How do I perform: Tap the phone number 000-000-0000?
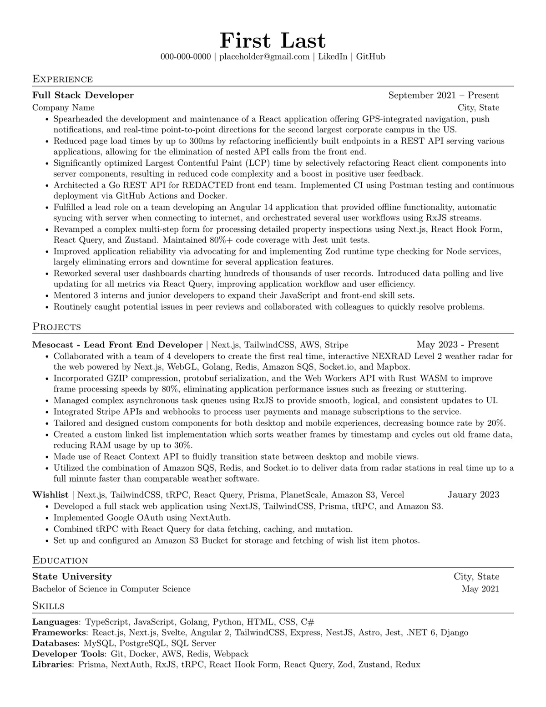click(186, 56)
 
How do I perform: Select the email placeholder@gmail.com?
click(264, 56)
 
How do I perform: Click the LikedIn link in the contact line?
click(332, 56)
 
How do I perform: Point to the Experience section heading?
click(62, 79)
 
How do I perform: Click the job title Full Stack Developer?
click(83, 95)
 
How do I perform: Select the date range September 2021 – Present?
click(443, 95)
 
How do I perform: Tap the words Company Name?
click(63, 107)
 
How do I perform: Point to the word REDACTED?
click(208, 185)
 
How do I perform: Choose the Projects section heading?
click(56, 326)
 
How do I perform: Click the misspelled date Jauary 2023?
click(473, 494)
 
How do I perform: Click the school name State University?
click(72, 576)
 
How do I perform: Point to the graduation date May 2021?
click(480, 589)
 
